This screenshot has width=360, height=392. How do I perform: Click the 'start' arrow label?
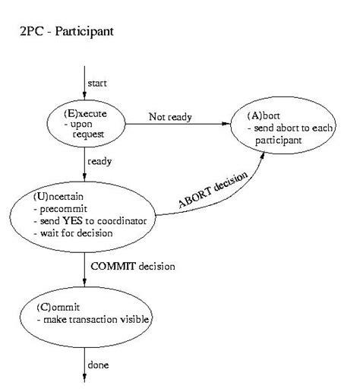pos(96,82)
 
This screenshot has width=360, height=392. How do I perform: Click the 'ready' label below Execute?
pos(99,162)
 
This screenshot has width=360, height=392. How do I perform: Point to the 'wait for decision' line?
pos(76,232)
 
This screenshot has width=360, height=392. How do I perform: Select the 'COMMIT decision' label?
pos(133,266)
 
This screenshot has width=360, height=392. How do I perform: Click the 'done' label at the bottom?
pos(99,365)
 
